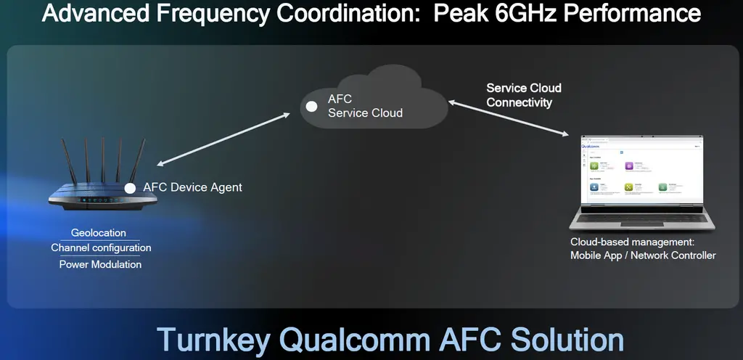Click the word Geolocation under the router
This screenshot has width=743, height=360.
pos(98,233)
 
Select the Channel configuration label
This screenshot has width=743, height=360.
pos(101,248)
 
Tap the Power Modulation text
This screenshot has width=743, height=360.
pos(100,264)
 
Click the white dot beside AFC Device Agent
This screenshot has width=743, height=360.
pos(130,188)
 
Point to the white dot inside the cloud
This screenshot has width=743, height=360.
pos(311,106)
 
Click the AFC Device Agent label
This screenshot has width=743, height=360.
pos(192,187)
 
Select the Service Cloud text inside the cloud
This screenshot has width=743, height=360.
pos(365,113)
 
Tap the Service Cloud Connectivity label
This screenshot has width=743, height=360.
pos(523,95)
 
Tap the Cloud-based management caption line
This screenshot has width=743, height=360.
pos(632,242)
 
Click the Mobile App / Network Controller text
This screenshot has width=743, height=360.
pos(643,255)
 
